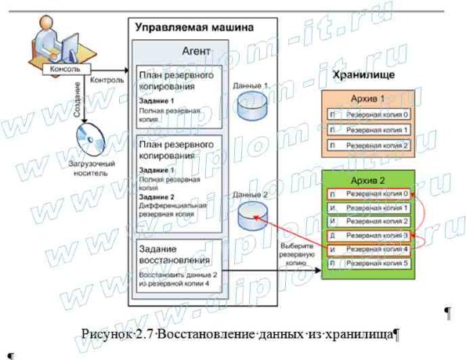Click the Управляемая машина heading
193,27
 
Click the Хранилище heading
363,76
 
